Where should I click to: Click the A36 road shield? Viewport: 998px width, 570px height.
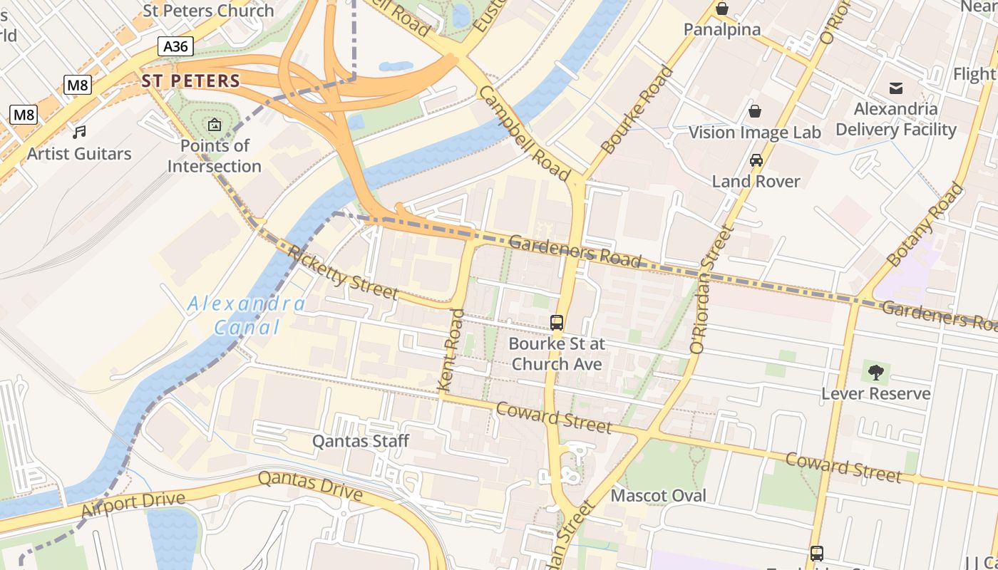[175, 47]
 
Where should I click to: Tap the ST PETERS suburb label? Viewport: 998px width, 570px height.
[190, 81]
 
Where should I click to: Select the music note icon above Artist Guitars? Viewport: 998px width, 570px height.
[79, 132]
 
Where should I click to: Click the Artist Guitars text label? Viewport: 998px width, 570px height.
[79, 154]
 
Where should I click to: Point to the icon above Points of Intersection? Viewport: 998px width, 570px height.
[214, 125]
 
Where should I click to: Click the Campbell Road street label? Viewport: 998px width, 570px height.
[524, 134]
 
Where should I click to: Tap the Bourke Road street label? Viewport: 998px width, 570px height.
[637, 110]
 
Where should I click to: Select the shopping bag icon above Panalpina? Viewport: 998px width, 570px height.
[722, 9]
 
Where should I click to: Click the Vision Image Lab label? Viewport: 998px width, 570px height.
[754, 133]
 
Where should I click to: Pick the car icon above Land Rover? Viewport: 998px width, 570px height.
[756, 160]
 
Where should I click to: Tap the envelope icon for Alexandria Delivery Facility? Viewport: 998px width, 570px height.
[896, 88]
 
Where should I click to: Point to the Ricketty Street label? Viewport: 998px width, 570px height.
[343, 272]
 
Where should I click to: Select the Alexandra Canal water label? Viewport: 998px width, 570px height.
[247, 316]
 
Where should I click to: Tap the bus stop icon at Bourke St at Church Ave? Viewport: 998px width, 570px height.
[557, 323]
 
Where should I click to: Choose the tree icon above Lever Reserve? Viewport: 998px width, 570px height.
[876, 372]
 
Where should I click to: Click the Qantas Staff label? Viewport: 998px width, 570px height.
[361, 442]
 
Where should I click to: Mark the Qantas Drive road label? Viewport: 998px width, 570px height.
[310, 485]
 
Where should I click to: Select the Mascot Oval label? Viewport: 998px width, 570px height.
[659, 496]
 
